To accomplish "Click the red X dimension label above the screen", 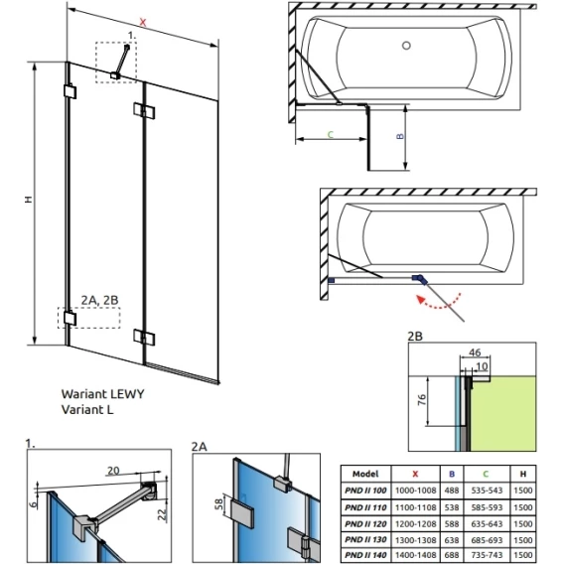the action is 143,22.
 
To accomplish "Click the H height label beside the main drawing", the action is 29,200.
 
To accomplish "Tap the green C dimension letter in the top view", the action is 331,134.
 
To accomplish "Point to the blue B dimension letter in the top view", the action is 400,136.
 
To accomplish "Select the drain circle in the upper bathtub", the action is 406,46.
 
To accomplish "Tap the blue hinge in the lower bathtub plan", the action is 420,278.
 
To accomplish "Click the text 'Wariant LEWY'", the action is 103,394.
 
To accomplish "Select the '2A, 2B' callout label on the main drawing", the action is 99,300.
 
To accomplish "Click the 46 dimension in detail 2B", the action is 475,352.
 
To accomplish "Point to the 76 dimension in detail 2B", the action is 422,399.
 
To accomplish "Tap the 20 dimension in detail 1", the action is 113,470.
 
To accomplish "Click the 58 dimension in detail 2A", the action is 218,503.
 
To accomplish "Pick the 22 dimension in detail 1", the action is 163,514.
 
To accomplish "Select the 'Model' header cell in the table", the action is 365,474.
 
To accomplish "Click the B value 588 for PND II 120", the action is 452,523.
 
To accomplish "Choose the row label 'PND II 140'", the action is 365,555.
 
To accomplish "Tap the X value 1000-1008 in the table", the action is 415,491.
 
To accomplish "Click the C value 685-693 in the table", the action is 487,539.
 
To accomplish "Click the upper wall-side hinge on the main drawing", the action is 70,91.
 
